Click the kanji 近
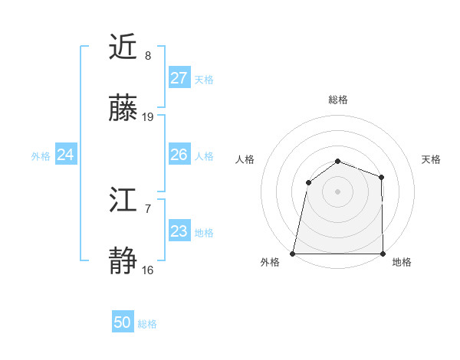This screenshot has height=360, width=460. (x=123, y=47)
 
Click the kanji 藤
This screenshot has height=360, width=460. (x=123, y=109)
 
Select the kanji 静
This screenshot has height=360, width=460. (x=123, y=262)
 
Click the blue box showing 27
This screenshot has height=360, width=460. (x=179, y=78)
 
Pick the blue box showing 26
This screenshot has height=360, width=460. (x=179, y=155)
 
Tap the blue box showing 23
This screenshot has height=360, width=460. (x=179, y=231)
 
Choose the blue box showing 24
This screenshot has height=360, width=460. (x=66, y=155)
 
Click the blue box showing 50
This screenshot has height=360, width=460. (x=123, y=322)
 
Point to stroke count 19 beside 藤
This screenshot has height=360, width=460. (x=148, y=117)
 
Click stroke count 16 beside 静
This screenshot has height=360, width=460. (x=148, y=270)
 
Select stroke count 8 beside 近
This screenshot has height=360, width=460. (x=148, y=56)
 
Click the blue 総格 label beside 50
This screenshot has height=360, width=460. (x=147, y=324)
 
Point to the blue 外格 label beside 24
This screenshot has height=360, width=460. (x=41, y=156)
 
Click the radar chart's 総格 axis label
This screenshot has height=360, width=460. (x=337, y=100)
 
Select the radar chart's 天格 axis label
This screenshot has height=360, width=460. (x=432, y=159)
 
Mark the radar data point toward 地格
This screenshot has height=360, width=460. (x=383, y=253)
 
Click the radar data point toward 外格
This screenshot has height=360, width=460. (x=293, y=253)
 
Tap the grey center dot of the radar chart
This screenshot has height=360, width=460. (x=337, y=191)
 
